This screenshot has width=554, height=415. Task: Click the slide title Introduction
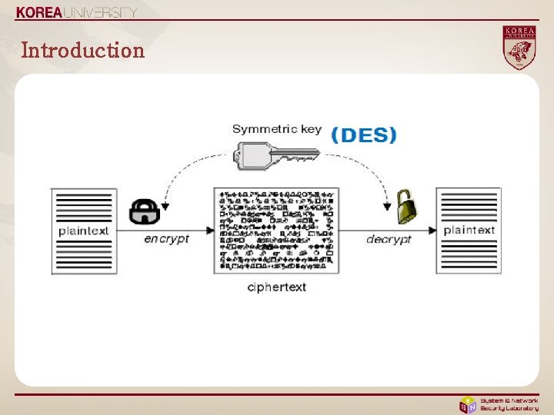point(83,51)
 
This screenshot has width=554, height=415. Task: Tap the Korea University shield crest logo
point(519,48)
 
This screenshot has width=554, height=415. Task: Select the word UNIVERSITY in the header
point(102,12)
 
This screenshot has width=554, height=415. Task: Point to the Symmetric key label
point(276,129)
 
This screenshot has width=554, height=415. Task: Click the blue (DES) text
point(364,136)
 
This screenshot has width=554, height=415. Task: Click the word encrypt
point(166,239)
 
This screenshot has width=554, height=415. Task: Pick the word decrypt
point(389,240)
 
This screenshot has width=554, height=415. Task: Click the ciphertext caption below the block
point(276,287)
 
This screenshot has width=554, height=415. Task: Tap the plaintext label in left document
point(83,231)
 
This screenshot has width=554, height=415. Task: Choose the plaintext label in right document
point(469,230)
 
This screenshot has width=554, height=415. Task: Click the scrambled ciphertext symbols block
point(276,229)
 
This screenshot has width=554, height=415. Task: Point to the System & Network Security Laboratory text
point(509,404)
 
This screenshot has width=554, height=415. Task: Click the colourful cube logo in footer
point(467,404)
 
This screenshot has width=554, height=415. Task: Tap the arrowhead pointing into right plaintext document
point(433,230)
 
